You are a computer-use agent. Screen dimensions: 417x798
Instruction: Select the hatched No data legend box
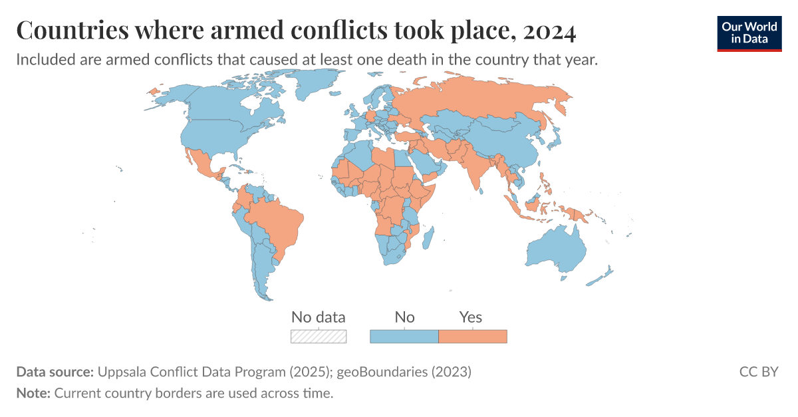click(319, 336)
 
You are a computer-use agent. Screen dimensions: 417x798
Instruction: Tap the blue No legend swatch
click(404, 336)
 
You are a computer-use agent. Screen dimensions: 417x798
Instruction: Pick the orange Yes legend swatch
click(472, 336)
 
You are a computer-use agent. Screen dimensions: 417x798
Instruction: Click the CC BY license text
click(758, 372)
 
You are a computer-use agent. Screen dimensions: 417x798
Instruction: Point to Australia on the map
click(555, 249)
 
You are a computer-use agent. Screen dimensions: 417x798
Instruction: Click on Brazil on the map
click(276, 223)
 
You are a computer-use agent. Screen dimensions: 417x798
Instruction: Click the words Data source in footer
click(55, 372)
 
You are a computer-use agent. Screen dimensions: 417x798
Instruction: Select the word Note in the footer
click(32, 393)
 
